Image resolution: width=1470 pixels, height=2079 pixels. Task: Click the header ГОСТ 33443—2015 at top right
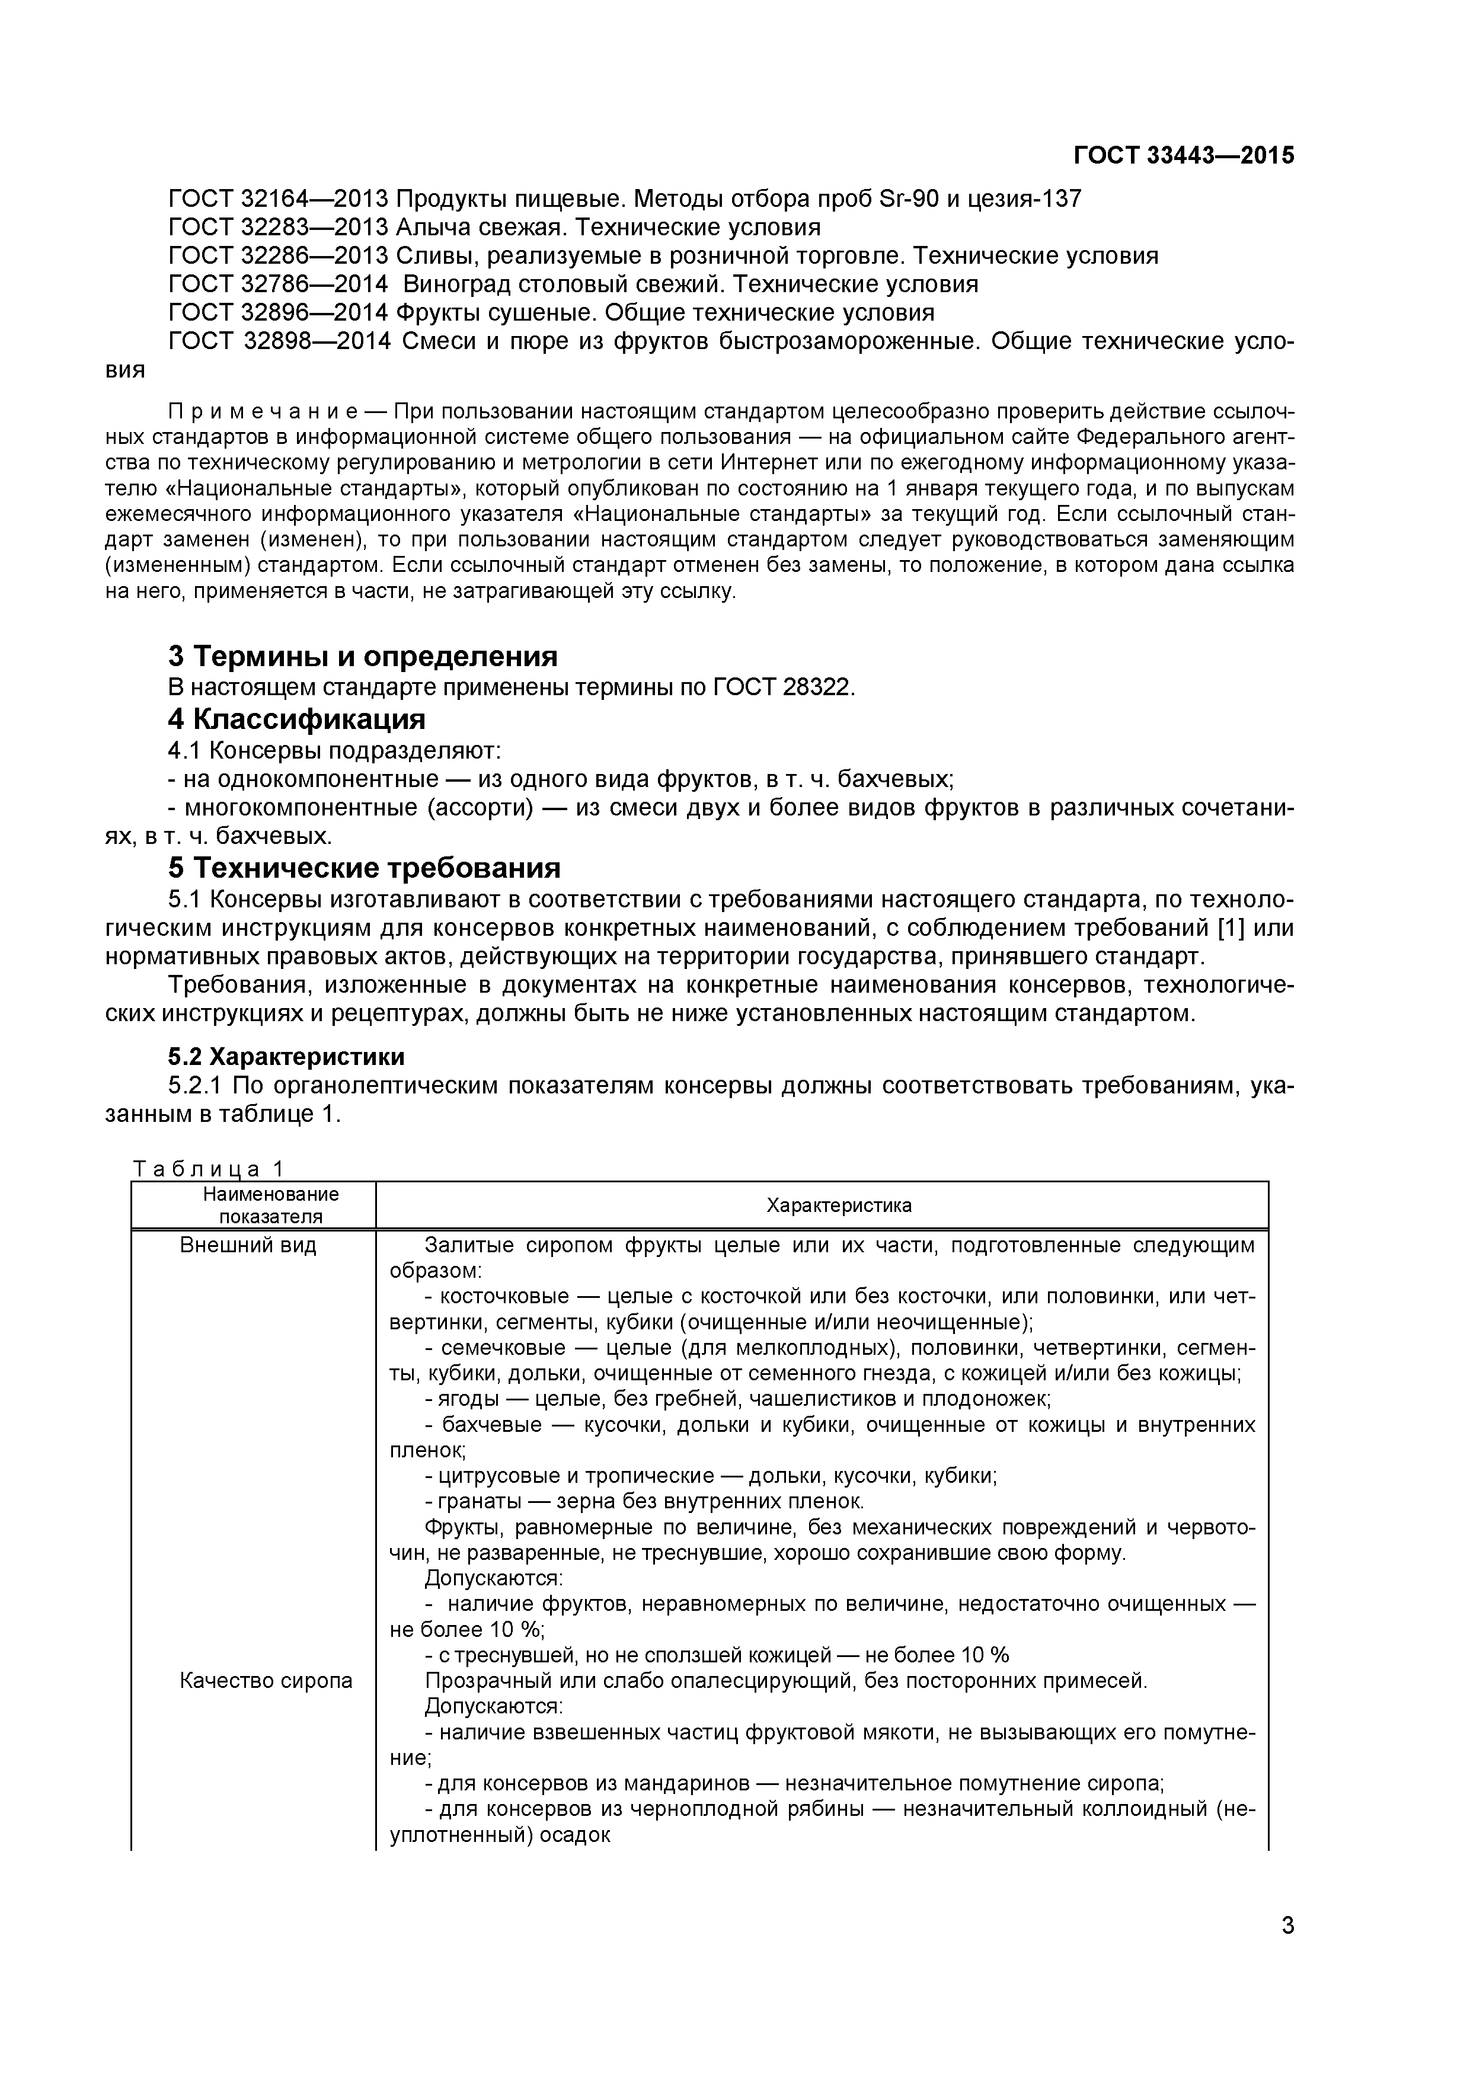1183,156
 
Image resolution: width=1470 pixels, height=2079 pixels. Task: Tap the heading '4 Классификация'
296,719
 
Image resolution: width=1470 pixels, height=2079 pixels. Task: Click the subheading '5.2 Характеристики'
286,1057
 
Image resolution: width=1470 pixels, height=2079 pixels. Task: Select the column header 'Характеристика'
839,1205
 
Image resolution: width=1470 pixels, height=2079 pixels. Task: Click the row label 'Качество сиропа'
266,1681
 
